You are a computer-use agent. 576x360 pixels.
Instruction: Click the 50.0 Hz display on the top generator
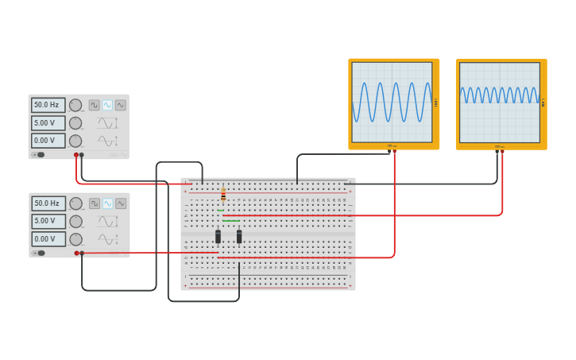[x=48, y=105]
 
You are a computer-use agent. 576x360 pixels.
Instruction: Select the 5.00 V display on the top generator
[x=48, y=123]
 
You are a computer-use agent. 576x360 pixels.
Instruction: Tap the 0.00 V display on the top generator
[x=48, y=141]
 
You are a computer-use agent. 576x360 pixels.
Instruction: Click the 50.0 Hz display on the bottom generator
[x=48, y=203]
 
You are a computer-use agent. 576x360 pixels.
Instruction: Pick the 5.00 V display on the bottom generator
[x=48, y=221]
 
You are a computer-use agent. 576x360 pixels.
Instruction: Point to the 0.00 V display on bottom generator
[x=48, y=239]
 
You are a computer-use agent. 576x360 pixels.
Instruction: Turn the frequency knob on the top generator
[x=75, y=105]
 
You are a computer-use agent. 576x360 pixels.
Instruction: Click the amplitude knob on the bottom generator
[x=75, y=221]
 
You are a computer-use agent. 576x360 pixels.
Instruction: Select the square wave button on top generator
[x=95, y=105]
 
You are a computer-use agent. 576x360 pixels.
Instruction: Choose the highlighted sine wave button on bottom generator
[x=107, y=203]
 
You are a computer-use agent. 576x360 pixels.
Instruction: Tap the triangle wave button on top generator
[x=121, y=105]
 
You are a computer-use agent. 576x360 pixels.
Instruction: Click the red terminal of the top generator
[x=76, y=155]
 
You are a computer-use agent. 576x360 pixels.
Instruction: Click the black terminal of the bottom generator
[x=82, y=254]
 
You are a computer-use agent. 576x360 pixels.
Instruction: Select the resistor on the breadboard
[x=223, y=195]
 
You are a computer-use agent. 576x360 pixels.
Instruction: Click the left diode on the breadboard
[x=218, y=236]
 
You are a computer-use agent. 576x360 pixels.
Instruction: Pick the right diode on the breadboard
[x=239, y=236]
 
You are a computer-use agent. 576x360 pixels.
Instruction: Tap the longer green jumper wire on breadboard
[x=231, y=221]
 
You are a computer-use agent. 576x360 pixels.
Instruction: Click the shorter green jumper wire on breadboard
[x=220, y=210]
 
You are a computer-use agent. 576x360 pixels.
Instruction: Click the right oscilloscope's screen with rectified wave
[x=499, y=102]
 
